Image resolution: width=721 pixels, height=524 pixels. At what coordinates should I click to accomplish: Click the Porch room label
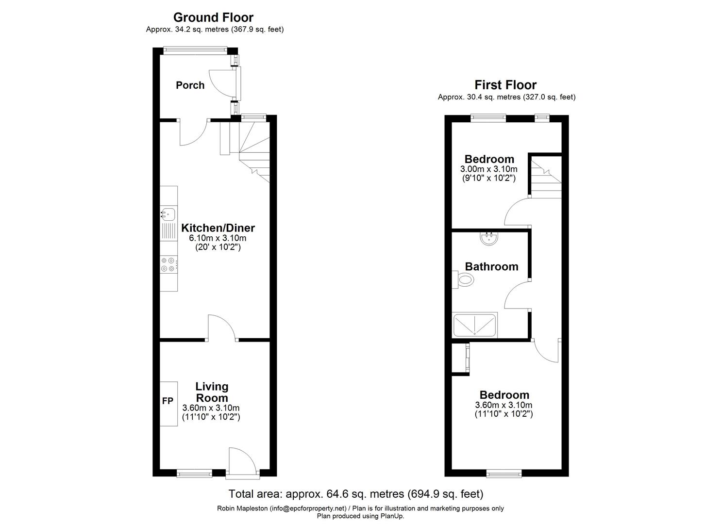click(x=190, y=85)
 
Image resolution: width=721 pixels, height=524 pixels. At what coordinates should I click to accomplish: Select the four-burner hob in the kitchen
click(x=168, y=264)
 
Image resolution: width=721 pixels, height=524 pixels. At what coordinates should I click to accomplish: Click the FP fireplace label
click(x=168, y=401)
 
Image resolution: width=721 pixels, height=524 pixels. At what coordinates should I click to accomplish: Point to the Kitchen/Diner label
click(x=218, y=228)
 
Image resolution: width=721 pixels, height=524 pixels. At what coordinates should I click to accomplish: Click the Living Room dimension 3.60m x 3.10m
click(x=211, y=408)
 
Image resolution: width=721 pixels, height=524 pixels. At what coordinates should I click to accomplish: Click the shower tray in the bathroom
click(x=474, y=325)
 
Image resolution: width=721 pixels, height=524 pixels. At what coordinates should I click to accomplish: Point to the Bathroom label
click(x=491, y=266)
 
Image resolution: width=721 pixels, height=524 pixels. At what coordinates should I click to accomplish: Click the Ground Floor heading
click(x=213, y=17)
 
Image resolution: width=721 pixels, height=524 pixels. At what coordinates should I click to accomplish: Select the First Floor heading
click(x=505, y=85)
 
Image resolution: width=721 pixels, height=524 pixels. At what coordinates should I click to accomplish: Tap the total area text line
click(x=356, y=494)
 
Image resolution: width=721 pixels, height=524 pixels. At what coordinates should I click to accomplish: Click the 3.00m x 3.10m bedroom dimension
click(x=488, y=169)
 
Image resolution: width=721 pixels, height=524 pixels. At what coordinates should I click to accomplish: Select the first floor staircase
click(x=546, y=177)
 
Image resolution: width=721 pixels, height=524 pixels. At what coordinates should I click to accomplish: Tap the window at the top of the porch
click(x=195, y=49)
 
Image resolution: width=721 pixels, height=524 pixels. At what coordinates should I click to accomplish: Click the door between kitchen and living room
click(x=221, y=327)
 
